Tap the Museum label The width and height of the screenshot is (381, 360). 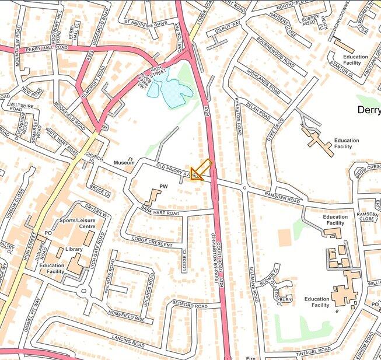coord(124,162)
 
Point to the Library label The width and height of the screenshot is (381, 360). coord(74,249)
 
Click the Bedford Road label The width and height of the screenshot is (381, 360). coord(190,306)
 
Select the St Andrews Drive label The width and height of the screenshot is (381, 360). coord(145,24)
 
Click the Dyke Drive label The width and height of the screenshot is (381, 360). coord(275,131)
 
